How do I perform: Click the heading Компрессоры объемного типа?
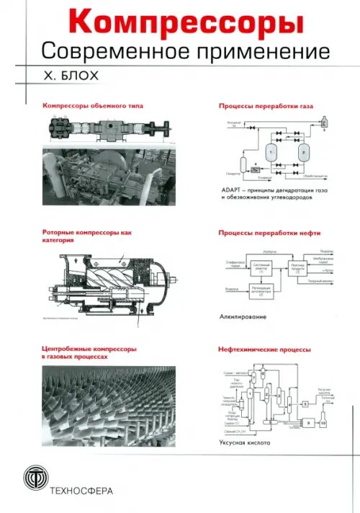92,105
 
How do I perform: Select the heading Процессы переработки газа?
265,105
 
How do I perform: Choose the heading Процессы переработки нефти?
269,233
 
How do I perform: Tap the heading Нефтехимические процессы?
264,350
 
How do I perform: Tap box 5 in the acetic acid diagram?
305,403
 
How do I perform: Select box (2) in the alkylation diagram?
261,290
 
